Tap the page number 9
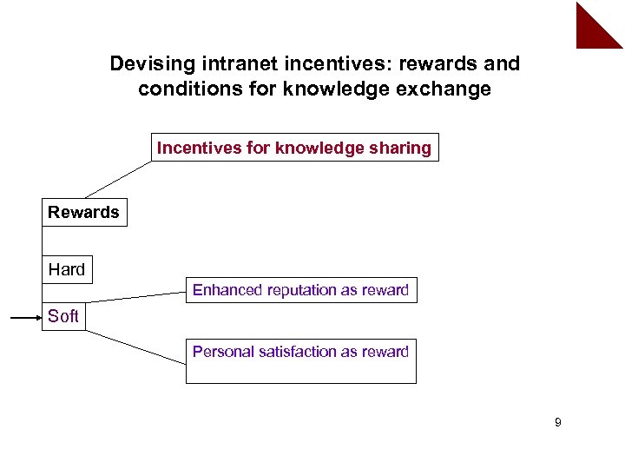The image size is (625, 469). tap(557, 423)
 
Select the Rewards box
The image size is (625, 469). tap(84, 213)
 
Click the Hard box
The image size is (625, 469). tap(67, 269)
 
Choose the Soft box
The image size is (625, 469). tap(63, 316)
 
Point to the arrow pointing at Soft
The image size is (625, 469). tap(26, 319)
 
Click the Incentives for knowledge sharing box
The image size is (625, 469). tap(294, 148)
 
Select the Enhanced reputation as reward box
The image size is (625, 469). tap(300, 290)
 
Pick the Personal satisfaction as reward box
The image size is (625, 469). tap(300, 360)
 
